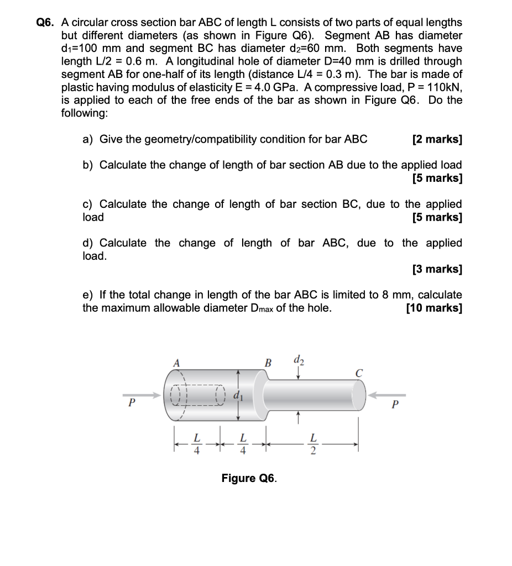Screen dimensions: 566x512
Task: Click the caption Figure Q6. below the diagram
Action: (x=249, y=478)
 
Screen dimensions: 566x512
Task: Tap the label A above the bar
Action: (x=177, y=363)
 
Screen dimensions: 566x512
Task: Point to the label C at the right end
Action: (x=359, y=374)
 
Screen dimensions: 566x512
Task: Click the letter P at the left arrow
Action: (x=131, y=403)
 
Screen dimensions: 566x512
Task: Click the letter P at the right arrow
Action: (x=394, y=404)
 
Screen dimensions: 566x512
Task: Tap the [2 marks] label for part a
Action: (x=437, y=139)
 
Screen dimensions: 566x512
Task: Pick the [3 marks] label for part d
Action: (x=437, y=269)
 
